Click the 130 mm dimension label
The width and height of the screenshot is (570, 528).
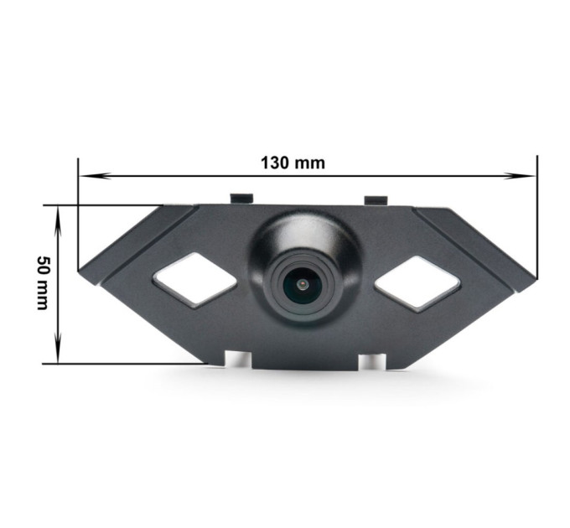point(293,163)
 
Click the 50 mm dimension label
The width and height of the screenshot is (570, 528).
point(43,282)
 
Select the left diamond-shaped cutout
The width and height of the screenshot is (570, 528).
point(194,278)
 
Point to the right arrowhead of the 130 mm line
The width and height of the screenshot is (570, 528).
point(521,176)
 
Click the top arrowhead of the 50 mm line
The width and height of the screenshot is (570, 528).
point(58,221)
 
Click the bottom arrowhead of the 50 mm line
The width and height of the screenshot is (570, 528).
point(58,348)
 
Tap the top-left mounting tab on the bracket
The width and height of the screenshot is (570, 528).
point(242,199)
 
